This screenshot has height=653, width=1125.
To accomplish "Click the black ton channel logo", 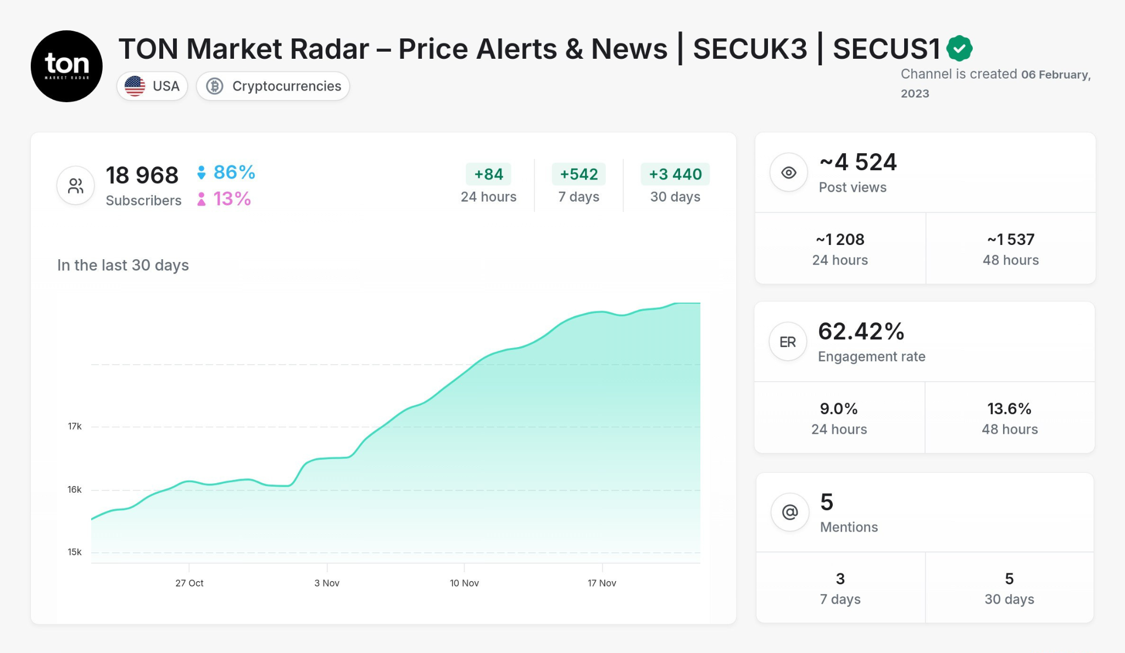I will coord(66,66).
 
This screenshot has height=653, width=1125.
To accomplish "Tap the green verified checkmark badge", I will coord(959,48).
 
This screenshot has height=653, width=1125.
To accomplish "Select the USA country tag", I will coord(152,86).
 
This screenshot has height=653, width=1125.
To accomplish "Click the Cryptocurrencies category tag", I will coord(273,86).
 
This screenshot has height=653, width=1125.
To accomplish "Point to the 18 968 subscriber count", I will coord(142,176).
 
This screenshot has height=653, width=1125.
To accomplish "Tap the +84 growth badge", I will coord(488,174).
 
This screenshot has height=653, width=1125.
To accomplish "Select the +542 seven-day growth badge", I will coord(578,174).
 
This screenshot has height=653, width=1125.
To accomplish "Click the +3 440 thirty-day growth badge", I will coord(675,174).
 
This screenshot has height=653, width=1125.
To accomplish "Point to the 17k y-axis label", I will coord(75,426).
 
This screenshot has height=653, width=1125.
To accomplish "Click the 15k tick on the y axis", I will coord(75,552).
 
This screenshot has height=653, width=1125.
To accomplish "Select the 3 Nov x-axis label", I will coord(327,583).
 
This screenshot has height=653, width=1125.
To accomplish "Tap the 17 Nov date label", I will coord(602,583).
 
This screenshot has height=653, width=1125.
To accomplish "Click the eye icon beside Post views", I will coord(789,172).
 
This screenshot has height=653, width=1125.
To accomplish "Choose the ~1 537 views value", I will coord(1011,239).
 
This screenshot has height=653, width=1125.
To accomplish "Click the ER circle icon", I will coord(788,342).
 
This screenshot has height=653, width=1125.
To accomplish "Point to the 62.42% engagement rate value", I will coord(861,332).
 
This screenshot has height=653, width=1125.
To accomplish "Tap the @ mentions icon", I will coord(790,512).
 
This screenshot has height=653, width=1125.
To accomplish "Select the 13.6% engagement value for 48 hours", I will coord(1009,409).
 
